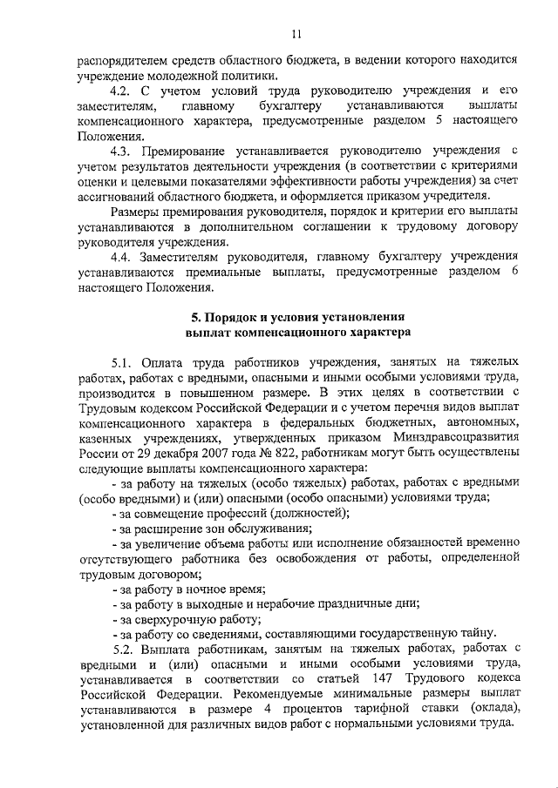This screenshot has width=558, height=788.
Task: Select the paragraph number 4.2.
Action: click(123, 91)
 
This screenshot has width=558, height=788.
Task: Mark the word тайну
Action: click(478, 633)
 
